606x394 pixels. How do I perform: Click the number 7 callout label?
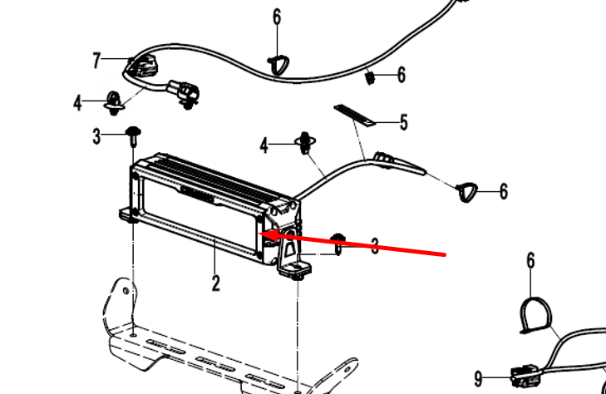pos(97,60)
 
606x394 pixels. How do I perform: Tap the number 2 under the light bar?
pos(216,283)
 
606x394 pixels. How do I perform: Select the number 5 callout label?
pos(403,124)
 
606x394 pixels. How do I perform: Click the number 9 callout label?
pos(478,378)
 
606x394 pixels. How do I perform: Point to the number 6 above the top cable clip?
pos(277,17)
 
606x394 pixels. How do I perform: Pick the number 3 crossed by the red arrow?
pos(375,246)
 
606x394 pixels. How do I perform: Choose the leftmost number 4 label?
pos(78,104)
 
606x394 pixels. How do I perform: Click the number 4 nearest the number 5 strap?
pos(264,146)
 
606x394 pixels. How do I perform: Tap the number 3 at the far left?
pos(96,135)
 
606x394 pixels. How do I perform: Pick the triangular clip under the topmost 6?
pos(277,63)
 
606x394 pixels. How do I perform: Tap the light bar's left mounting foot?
pos(129,215)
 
